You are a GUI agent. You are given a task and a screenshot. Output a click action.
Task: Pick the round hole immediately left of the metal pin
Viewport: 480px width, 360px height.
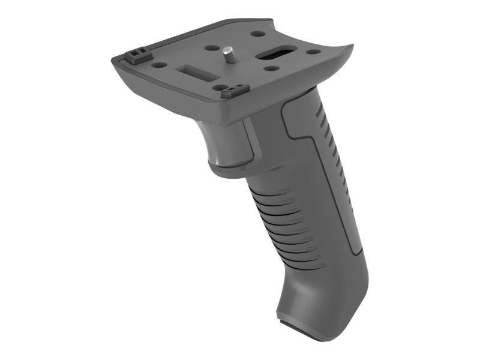(x=211, y=47)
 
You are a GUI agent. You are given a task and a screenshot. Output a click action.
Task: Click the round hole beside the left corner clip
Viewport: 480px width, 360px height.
(x=159, y=64)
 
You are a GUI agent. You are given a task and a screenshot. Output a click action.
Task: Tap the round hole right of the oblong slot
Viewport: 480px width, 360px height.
(x=313, y=52)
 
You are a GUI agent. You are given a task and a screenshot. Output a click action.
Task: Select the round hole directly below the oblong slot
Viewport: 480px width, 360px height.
(x=271, y=68)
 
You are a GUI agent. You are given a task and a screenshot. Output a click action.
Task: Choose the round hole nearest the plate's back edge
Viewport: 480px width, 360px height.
(x=257, y=34)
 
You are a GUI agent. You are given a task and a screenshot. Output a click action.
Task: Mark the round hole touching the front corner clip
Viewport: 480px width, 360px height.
(x=223, y=88)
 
